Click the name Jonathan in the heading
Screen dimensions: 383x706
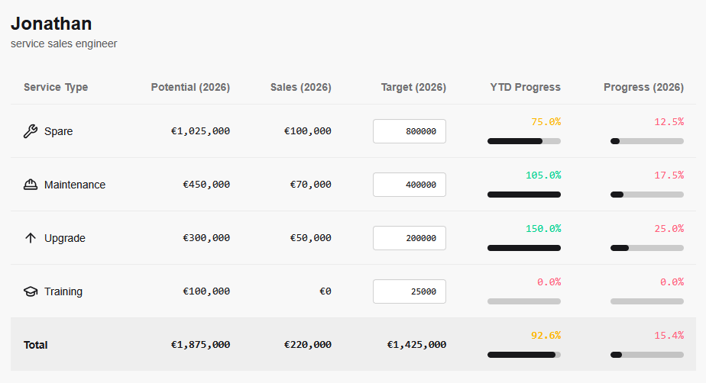51,24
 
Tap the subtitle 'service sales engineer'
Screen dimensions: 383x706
64,44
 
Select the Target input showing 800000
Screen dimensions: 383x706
409,131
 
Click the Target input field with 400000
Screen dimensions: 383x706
409,185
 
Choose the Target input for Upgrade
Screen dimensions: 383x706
409,238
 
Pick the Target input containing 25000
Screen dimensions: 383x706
409,291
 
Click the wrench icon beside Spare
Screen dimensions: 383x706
31,131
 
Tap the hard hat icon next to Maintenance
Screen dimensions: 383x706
31,185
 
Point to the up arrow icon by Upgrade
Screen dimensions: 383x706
31,238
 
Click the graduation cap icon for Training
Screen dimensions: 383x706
31,291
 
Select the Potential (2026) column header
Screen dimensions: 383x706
190,87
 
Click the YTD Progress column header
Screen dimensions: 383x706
525,87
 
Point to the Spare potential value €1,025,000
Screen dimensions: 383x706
200,131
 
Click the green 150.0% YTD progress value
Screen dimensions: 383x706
542,228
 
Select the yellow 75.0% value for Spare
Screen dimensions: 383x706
546,121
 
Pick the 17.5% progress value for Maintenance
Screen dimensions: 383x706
669,175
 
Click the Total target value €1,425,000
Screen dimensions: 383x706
416,345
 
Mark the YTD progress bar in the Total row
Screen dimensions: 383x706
524,355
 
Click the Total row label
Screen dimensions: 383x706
36,345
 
